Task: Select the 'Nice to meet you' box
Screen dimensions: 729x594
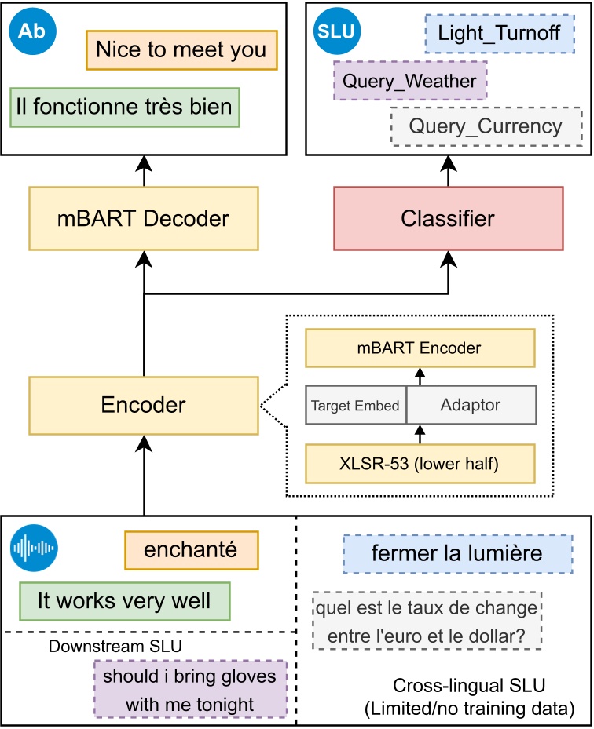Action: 181,50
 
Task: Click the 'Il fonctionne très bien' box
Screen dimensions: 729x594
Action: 124,106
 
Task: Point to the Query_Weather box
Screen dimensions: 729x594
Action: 410,81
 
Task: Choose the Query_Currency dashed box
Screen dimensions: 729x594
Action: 486,126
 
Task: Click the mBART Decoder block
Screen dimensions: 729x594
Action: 144,218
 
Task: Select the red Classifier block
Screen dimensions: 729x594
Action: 448,218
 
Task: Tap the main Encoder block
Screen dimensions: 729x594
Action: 144,405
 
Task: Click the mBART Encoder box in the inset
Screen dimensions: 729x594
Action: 420,348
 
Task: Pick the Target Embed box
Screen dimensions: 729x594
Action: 355,405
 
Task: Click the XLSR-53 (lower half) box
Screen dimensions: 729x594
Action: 420,463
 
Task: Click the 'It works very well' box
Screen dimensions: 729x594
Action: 124,602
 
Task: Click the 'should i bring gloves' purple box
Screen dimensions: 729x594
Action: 190,689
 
